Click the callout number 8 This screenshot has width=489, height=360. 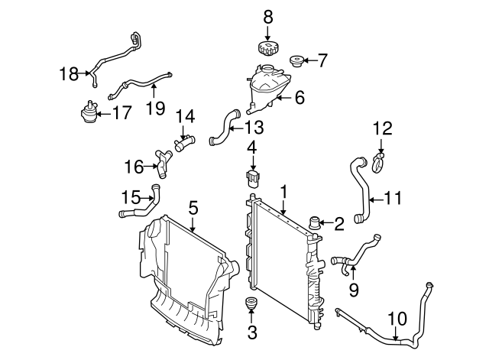click(267, 16)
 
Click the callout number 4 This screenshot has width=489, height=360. click(251, 144)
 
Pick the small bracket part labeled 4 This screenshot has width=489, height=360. click(251, 178)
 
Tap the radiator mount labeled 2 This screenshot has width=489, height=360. click(314, 223)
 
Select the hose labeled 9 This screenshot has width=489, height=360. click(359, 255)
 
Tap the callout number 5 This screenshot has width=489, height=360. click(193, 206)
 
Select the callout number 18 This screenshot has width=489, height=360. click(69, 73)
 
